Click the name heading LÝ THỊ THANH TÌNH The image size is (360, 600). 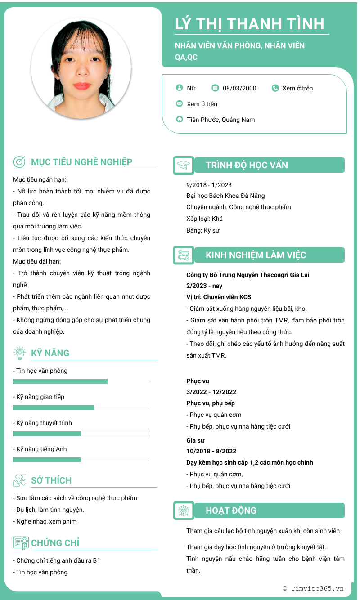click(250, 23)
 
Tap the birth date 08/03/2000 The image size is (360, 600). click(239, 88)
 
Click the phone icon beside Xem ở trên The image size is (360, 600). click(275, 88)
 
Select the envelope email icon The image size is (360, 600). click(180, 104)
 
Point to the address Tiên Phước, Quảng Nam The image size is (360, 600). click(221, 120)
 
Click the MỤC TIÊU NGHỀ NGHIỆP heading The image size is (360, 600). click(81, 162)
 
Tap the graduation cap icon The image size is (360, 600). click(184, 165)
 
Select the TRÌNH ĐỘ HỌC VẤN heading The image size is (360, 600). click(247, 165)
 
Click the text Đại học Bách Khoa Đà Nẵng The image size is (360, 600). click(225, 196)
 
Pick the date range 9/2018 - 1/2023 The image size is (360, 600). click(209, 185)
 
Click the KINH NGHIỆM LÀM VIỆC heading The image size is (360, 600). click(256, 255)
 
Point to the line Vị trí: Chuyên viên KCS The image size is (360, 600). click(219, 297)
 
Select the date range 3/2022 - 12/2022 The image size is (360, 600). click(211, 392)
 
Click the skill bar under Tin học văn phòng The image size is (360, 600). click(81, 381)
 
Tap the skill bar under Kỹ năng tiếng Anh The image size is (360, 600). click(81, 460)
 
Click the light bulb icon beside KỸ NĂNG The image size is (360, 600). click(19, 353)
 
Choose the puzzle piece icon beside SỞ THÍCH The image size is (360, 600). click(19, 480)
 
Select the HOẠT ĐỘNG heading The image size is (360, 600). click(231, 510)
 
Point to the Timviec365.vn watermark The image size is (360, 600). click(313, 588)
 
